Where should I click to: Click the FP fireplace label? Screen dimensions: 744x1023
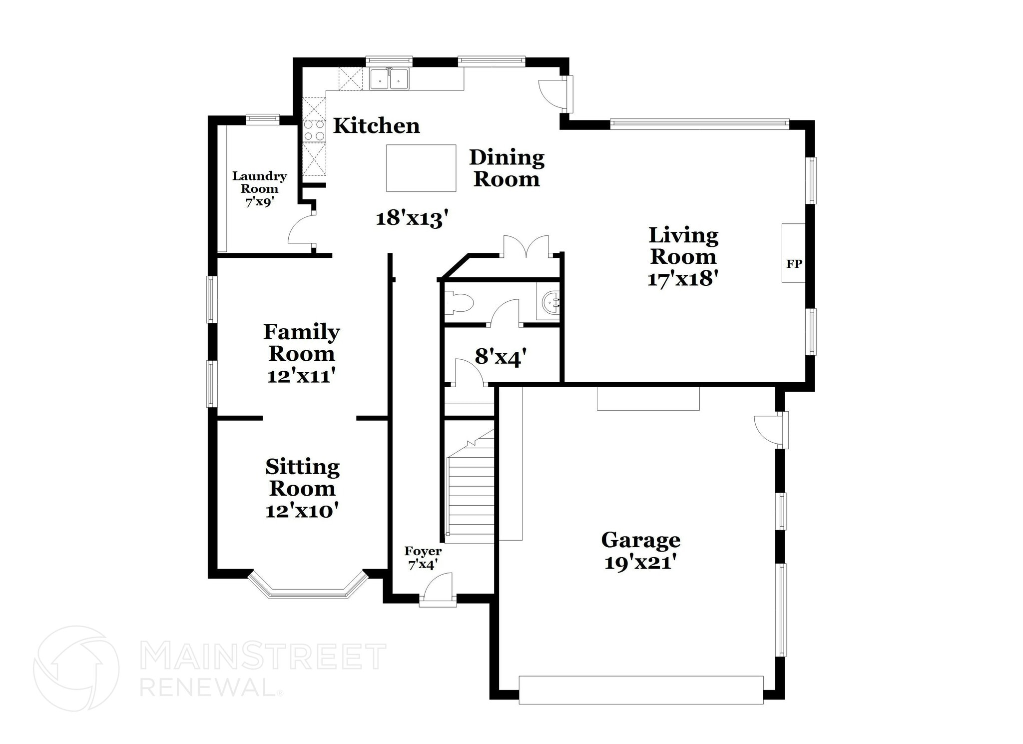point(794,263)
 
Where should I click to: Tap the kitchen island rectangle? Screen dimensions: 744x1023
point(421,168)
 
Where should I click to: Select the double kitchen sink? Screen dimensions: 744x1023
point(389,79)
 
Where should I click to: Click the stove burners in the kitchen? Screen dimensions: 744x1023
point(314,130)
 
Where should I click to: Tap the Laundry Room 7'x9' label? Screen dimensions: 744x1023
point(259,189)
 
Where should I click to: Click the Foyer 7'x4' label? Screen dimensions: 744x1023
point(423,558)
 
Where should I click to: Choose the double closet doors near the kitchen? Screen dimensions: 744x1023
point(526,247)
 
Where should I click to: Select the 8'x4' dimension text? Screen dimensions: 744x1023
point(501,357)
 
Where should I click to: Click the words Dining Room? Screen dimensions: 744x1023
point(507,168)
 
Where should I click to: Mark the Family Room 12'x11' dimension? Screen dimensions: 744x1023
point(301,376)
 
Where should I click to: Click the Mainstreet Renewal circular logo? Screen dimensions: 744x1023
point(76,668)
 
